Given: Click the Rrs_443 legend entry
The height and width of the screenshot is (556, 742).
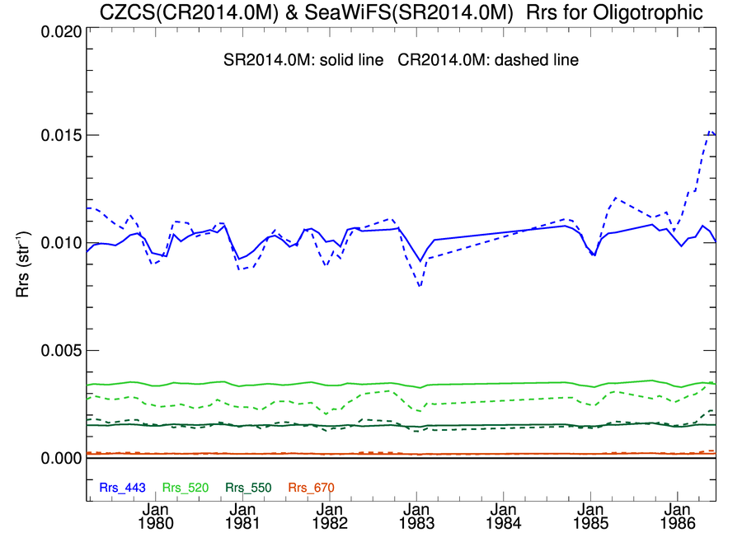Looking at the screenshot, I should (122, 488).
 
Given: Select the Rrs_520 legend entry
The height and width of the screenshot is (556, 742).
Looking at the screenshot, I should (185, 488).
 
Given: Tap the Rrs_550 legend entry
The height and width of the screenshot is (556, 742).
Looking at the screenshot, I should (248, 488).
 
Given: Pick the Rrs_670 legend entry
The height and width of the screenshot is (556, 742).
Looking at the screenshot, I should (312, 488).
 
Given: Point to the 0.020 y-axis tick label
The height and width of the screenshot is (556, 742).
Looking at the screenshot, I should (60, 31).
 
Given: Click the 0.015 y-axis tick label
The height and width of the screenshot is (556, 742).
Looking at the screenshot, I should (60, 135).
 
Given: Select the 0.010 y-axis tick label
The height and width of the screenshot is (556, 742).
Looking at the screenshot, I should (60, 243).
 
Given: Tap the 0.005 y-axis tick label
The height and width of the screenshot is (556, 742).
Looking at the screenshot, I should (60, 350).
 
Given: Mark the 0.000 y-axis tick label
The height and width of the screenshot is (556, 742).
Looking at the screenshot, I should (60, 457).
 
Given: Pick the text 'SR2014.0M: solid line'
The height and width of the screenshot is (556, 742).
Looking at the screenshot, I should (304, 61).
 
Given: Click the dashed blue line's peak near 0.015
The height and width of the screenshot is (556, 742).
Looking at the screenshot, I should (711, 132).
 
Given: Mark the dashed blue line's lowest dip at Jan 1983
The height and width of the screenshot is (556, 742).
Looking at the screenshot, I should (420, 287).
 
